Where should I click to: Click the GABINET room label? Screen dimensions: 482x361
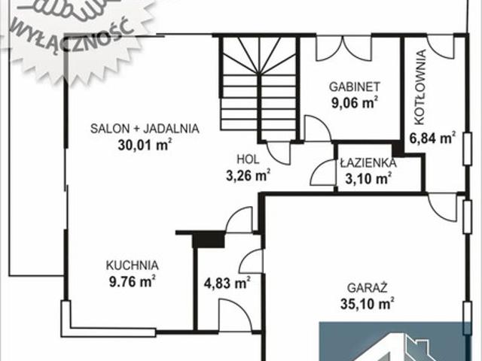[x=355, y=86]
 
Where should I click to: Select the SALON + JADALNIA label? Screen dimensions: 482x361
[x=145, y=129]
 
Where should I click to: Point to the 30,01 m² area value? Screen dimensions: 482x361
[x=145, y=144]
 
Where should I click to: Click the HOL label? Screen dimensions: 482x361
[x=248, y=159]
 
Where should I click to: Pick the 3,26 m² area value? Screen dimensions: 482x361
[x=248, y=175]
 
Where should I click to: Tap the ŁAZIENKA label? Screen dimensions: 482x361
[x=368, y=162]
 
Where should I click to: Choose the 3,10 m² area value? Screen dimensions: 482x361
[x=368, y=178]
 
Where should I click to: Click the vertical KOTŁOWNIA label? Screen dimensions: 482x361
[x=420, y=87]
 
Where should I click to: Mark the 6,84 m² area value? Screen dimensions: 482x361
[x=432, y=138]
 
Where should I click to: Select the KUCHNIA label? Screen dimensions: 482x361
[x=133, y=265]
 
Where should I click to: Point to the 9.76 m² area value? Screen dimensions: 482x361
[x=132, y=281]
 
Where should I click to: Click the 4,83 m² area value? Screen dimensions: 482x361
[x=227, y=283]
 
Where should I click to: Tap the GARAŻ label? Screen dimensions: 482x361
[x=368, y=288]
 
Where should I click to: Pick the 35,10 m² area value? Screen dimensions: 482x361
[x=368, y=304]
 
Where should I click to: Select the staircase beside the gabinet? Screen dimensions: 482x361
[x=258, y=89]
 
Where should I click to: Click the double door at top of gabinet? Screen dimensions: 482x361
[x=344, y=47]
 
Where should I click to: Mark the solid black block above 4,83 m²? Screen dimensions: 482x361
[x=209, y=240]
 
